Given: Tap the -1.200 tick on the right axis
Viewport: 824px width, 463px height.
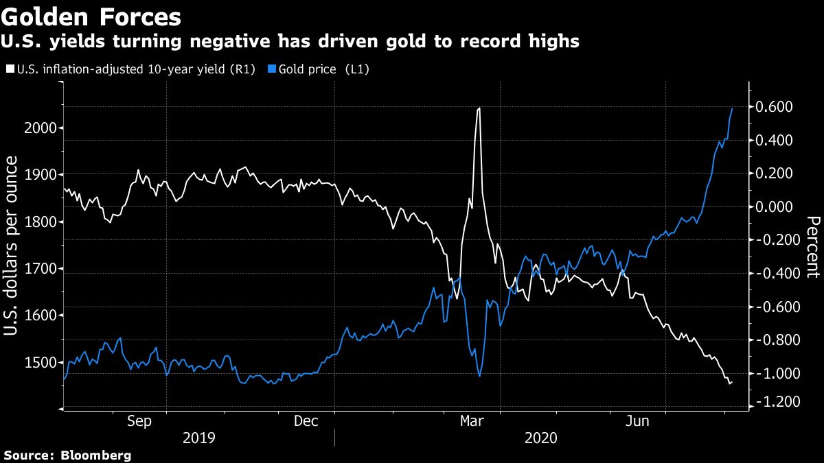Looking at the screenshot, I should [773, 403].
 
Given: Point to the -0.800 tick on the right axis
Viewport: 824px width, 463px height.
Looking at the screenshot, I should [773, 340].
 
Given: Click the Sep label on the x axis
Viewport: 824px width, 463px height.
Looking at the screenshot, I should [139, 421].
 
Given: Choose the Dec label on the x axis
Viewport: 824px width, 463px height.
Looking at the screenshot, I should [306, 421].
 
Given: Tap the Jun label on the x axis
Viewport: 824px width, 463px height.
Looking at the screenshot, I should [639, 421].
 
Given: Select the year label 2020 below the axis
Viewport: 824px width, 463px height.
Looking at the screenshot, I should [541, 438].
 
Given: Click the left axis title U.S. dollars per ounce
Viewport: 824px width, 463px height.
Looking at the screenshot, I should [12, 246].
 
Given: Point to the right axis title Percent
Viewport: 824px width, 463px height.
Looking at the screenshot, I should [813, 246].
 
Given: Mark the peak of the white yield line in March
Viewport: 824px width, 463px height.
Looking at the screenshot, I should [479, 108].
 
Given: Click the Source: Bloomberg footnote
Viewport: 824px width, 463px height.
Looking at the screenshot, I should [67, 455].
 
